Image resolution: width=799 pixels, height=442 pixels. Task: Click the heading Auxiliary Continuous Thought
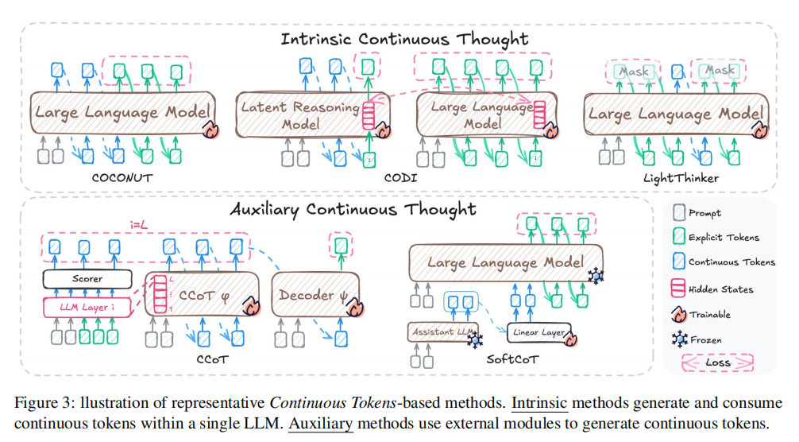(x=353, y=210)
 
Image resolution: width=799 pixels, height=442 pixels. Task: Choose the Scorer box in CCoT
(x=87, y=279)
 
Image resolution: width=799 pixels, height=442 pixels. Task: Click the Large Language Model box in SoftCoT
(x=505, y=262)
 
